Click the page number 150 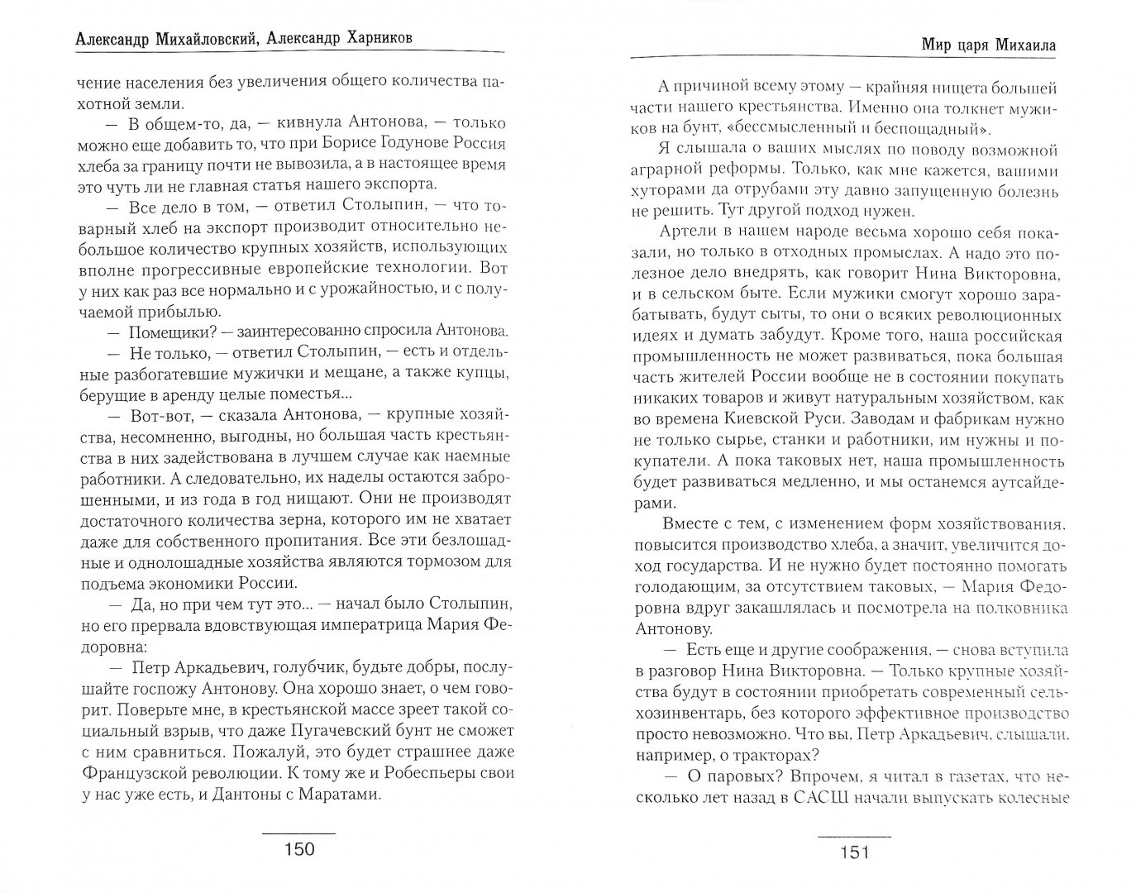point(298,849)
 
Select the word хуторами point(671,171)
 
